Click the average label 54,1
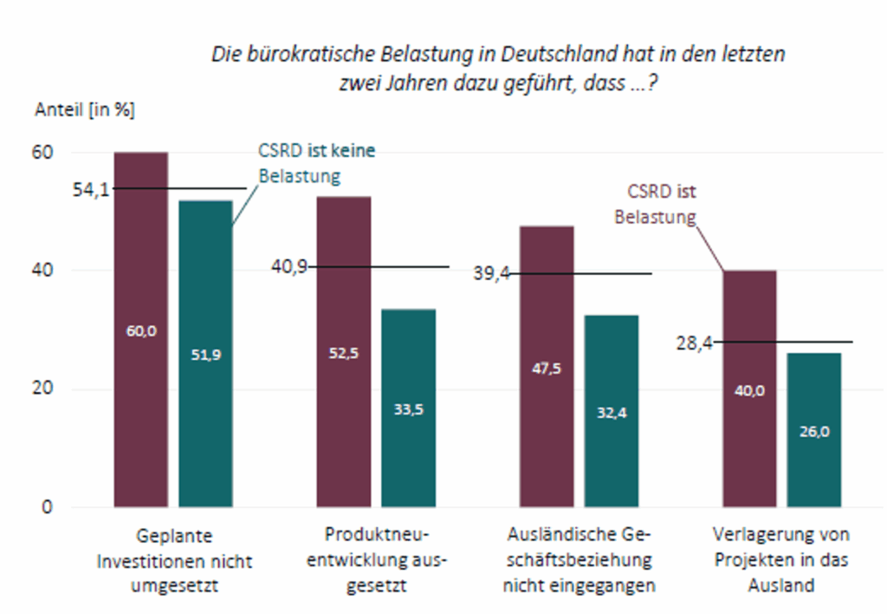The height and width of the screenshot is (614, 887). (x=91, y=189)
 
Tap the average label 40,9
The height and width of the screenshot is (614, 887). (x=289, y=267)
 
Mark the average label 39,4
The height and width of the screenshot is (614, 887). (x=490, y=274)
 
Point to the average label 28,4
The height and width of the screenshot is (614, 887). (x=694, y=343)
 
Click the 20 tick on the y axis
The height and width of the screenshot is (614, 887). (x=43, y=389)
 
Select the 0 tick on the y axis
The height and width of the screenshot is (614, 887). (x=48, y=506)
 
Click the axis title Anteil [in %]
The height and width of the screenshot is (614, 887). (x=85, y=110)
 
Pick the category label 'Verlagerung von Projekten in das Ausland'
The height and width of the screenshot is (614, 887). (x=780, y=559)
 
